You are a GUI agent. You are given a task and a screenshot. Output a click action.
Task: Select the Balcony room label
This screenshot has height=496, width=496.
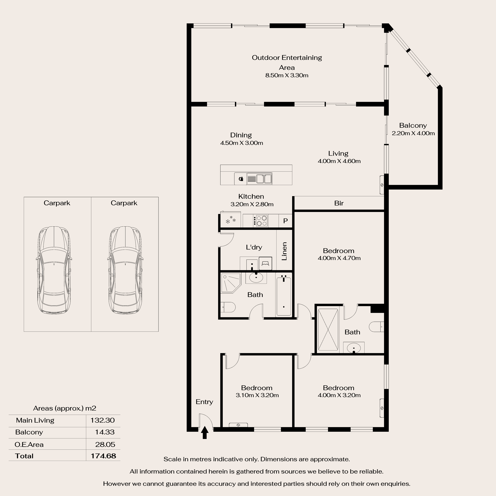413,126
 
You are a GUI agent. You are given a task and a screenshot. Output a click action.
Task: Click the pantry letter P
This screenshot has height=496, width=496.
285,221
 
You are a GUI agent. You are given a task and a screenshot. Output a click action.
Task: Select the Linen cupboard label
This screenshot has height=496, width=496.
284,251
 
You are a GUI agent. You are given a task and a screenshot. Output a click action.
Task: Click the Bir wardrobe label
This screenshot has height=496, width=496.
339,203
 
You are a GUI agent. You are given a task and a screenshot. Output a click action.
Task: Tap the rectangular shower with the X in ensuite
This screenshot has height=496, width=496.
328,330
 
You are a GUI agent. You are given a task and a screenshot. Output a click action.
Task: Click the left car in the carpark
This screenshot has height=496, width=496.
54,270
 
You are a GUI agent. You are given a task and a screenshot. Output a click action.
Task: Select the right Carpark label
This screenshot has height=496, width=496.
124,203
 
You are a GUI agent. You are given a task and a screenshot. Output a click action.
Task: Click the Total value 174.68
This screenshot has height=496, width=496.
103,456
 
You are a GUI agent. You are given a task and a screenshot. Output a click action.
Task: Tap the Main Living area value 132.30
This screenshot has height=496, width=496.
102,420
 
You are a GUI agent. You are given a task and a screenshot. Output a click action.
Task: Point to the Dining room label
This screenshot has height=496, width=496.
241,135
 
